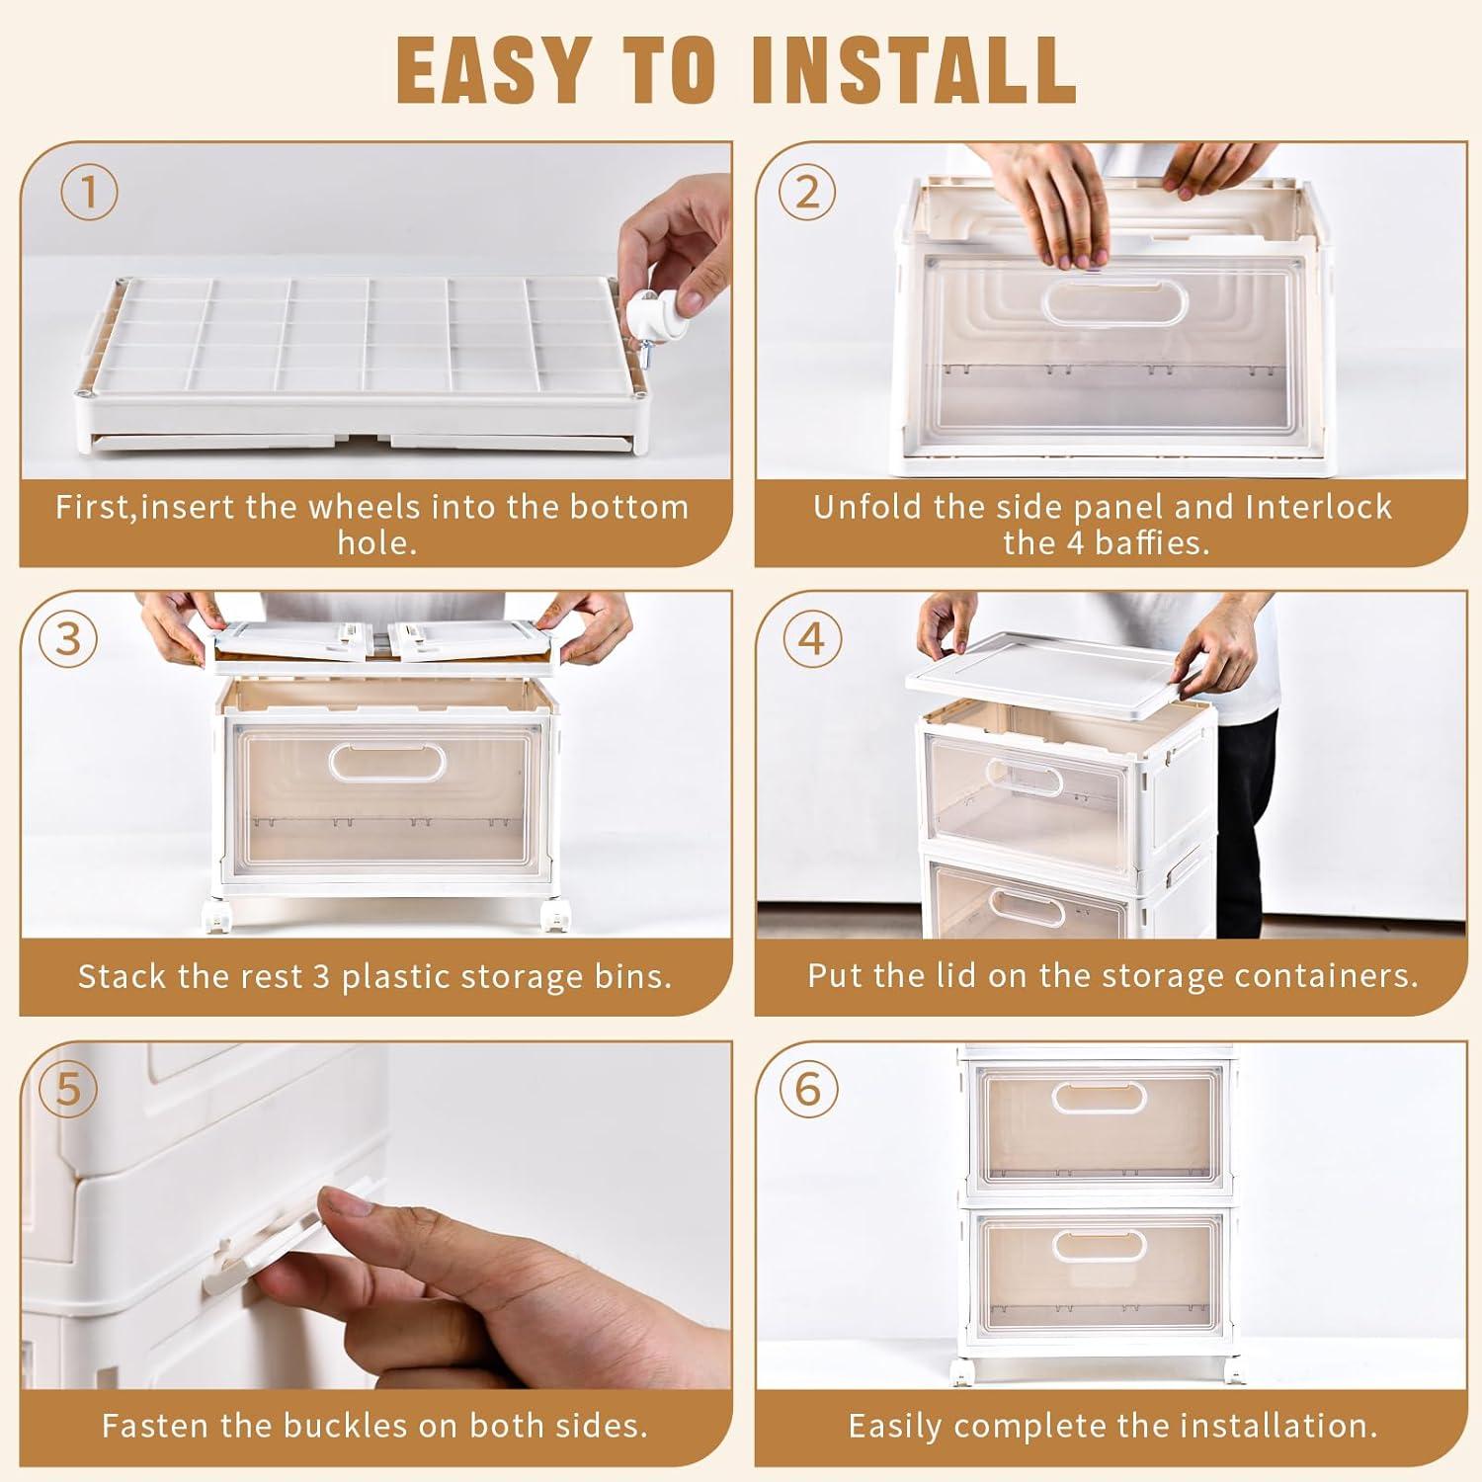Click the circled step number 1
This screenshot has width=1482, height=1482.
click(89, 193)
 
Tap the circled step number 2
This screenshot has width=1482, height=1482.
click(807, 193)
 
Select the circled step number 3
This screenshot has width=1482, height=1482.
click(68, 640)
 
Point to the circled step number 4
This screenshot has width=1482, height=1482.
click(810, 639)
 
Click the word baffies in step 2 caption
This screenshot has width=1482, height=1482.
click(1152, 542)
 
